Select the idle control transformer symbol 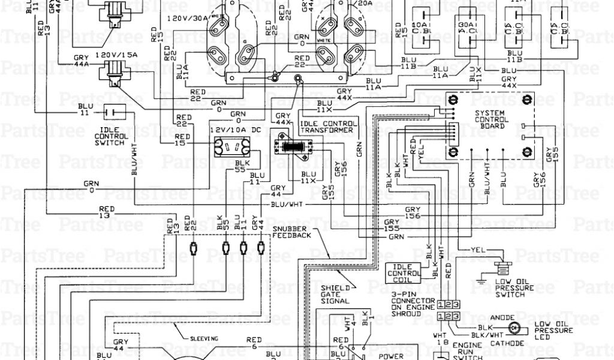293,146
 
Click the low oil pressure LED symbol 514,328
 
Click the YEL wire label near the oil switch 477,248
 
